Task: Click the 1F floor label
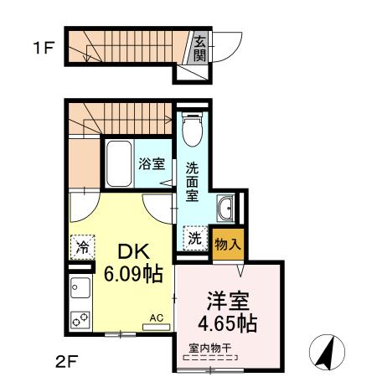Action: (x=43, y=48)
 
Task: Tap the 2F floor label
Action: (x=67, y=362)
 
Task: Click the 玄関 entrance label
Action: (x=200, y=48)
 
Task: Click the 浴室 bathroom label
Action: (x=152, y=165)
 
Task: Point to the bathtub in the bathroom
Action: (x=118, y=164)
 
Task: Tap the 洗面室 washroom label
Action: (x=192, y=180)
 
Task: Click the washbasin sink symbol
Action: (x=225, y=208)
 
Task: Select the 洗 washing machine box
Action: (x=194, y=238)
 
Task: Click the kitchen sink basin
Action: (x=80, y=289)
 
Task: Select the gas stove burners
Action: (x=80, y=319)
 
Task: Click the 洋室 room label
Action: (x=228, y=299)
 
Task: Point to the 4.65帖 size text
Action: (x=228, y=321)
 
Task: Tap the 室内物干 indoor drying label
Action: (x=210, y=348)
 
